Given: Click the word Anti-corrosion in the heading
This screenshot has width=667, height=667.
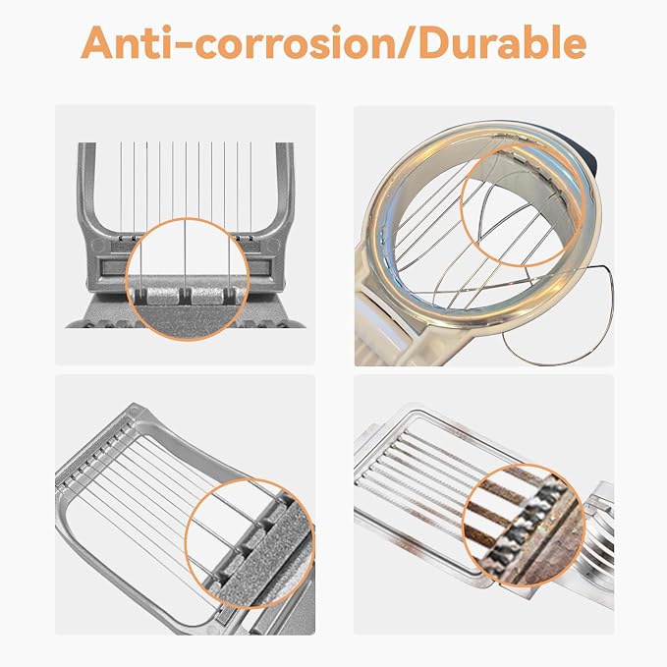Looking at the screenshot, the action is pos(238,42).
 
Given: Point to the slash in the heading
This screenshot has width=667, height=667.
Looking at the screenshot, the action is pos(407,42).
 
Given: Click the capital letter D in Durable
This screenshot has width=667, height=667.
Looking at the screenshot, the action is pos(435,42).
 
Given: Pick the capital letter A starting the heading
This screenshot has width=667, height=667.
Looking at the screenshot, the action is pos(98,42).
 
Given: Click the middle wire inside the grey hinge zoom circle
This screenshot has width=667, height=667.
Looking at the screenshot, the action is pos(186,254).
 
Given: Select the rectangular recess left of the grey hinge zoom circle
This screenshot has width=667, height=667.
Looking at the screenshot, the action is pos(113,267).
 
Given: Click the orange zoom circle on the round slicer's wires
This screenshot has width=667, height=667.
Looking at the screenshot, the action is pos(522,204).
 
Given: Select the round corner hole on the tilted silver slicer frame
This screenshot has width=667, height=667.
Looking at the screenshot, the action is pos(135,412).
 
